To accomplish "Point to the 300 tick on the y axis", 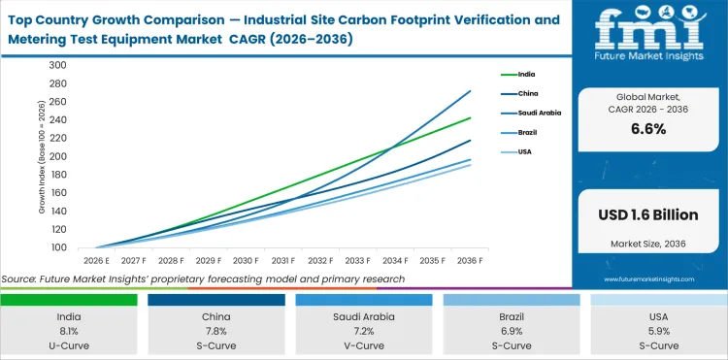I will pyautogui.click(x=57, y=66).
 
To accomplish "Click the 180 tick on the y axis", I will pyautogui.click(x=57, y=175).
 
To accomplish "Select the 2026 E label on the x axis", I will pyautogui.click(x=95, y=260).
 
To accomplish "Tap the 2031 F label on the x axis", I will pyautogui.click(x=282, y=260).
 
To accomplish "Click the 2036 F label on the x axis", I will pyautogui.click(x=471, y=260).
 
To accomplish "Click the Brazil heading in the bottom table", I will pyautogui.click(x=511, y=315).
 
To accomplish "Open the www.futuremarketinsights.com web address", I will pyautogui.click(x=647, y=278).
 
